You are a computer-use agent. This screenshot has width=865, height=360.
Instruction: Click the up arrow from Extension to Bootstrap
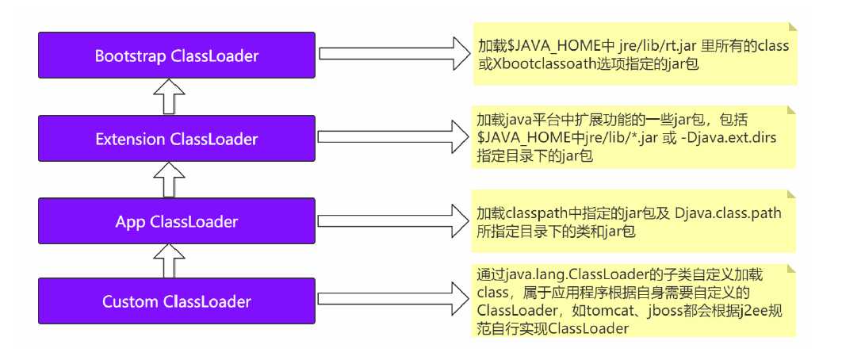[164, 98]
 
